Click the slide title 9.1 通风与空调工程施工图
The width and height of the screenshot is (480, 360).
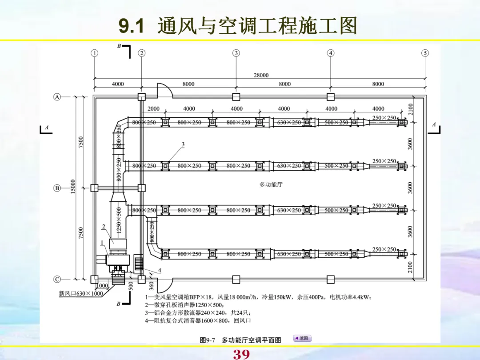tap(238, 27)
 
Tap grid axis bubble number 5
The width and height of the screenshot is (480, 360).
tap(425, 53)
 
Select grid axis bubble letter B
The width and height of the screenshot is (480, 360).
tap(57, 188)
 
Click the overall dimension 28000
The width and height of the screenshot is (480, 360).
tap(261, 75)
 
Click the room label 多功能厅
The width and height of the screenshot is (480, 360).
tap(271, 184)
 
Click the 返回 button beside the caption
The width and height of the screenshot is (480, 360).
tap(302, 339)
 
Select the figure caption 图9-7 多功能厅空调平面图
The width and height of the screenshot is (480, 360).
tap(240, 340)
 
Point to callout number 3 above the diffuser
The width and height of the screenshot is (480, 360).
tap(183, 144)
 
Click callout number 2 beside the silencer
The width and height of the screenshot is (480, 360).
tap(103, 227)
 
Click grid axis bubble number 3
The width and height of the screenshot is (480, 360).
tap(236, 53)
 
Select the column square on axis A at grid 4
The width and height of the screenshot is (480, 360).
tap(330, 96)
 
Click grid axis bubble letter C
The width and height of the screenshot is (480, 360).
tap(57, 279)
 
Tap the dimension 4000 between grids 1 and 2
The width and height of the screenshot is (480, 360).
tap(118, 84)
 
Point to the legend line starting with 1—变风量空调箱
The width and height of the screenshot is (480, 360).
tap(258, 297)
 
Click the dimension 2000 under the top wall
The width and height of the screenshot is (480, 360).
tap(153, 108)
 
